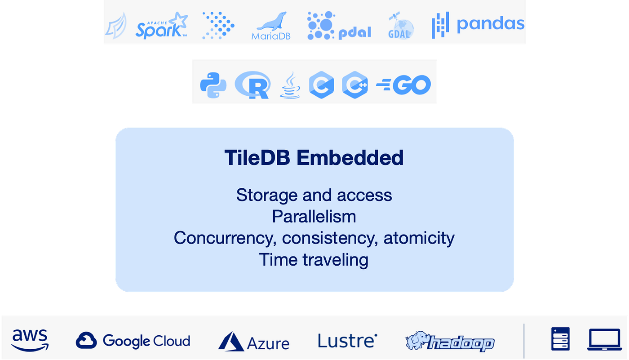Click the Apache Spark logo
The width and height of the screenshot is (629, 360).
click(x=161, y=26)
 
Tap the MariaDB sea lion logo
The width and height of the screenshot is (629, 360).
click(x=271, y=27)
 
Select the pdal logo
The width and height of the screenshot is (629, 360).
click(x=339, y=26)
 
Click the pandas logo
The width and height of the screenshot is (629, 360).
click(x=478, y=24)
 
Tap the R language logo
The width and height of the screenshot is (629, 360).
click(x=252, y=85)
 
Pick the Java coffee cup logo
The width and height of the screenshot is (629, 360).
click(x=290, y=85)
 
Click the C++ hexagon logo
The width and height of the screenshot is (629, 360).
click(x=354, y=85)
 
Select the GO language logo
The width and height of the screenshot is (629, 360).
click(x=403, y=85)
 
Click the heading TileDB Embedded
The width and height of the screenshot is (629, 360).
click(x=314, y=158)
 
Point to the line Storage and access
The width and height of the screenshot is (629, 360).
click(x=314, y=195)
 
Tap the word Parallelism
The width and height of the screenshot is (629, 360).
click(x=314, y=217)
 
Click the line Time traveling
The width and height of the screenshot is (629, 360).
click(x=314, y=260)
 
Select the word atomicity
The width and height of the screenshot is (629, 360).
click(x=419, y=238)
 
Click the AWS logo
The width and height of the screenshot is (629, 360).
click(x=30, y=340)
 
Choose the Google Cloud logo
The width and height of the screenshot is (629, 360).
click(x=133, y=341)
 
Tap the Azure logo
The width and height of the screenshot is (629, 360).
click(x=254, y=342)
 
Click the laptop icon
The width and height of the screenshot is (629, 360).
click(x=604, y=339)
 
